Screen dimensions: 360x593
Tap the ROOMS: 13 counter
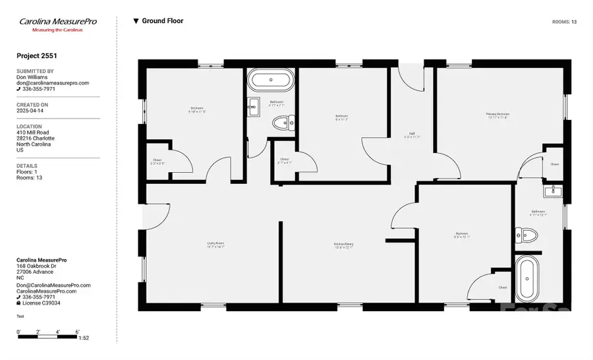pyautogui.click(x=564, y=22)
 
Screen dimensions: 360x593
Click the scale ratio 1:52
pyautogui.click(x=84, y=338)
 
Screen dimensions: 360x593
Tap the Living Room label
pyautogui.click(x=215, y=245)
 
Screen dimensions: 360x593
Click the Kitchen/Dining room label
pyautogui.click(x=343, y=245)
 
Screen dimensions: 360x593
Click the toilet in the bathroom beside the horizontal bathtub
pyautogui.click(x=284, y=122)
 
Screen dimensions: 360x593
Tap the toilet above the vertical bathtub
pyautogui.click(x=528, y=234)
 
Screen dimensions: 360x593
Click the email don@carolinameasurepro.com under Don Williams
pyautogui.click(x=52, y=83)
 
